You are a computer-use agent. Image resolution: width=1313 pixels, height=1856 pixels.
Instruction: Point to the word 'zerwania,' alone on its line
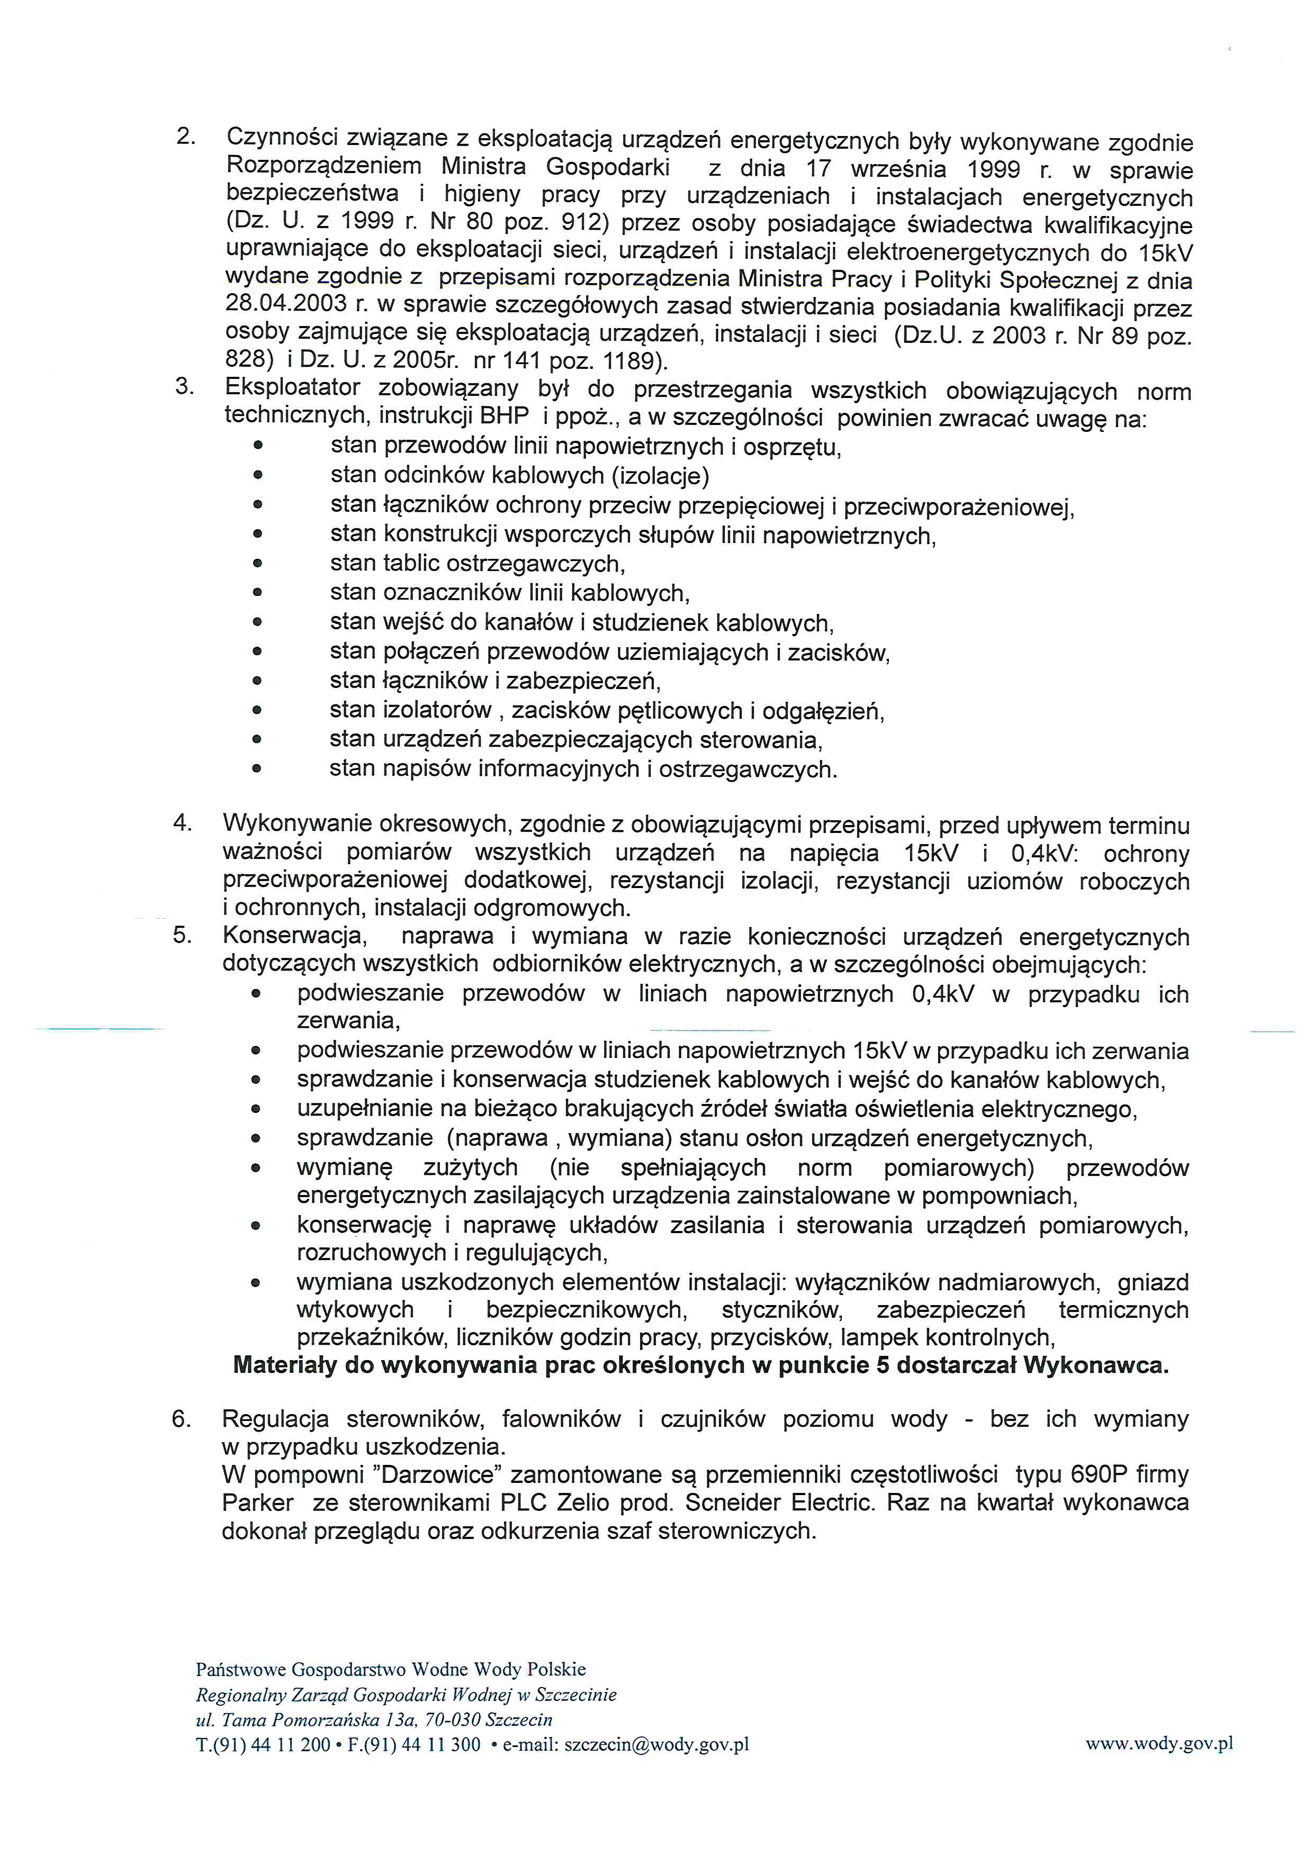pyautogui.click(x=348, y=1021)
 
